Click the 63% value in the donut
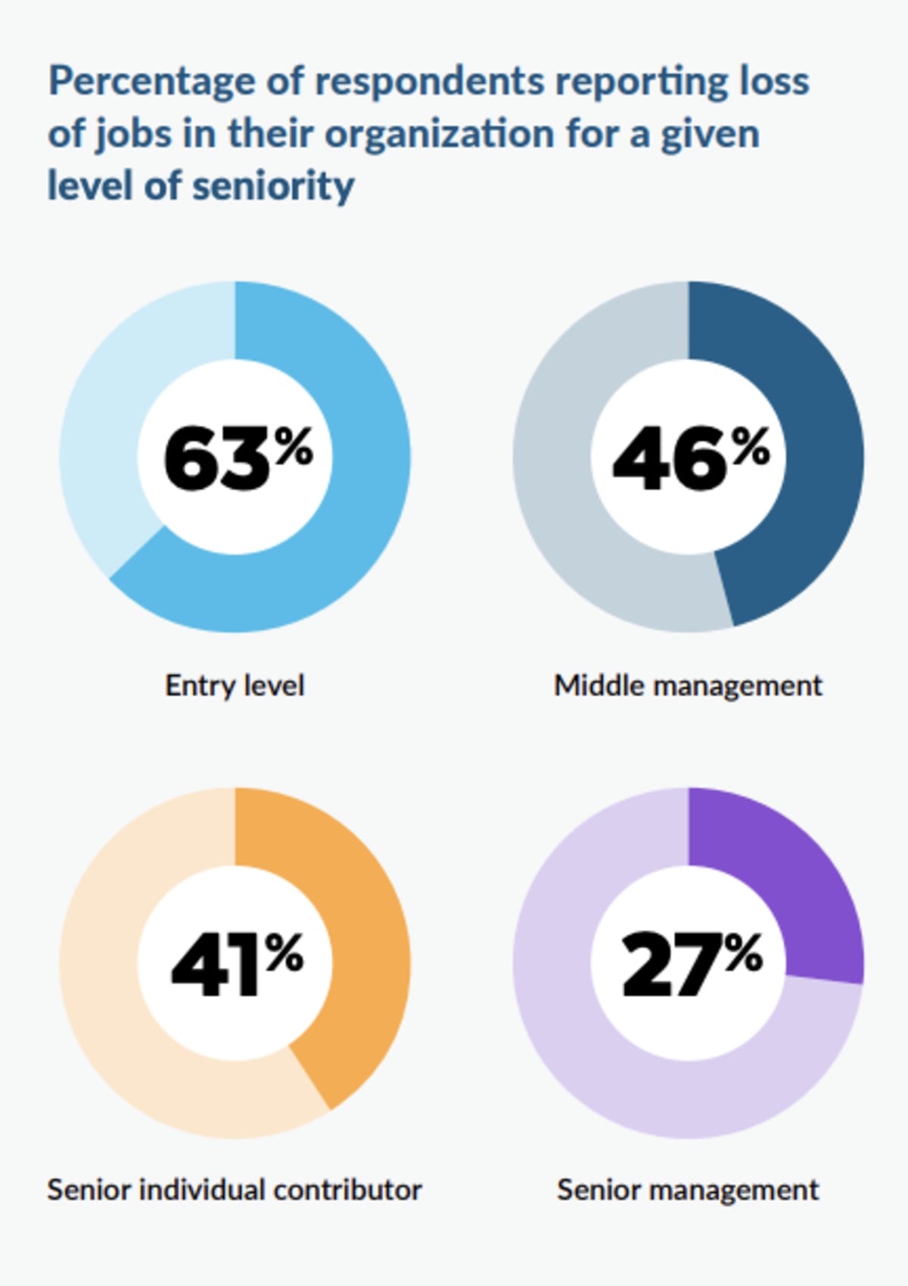click(237, 458)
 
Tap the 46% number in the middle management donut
click(690, 458)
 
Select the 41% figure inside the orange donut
click(237, 963)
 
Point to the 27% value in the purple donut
click(690, 963)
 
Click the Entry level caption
click(235, 685)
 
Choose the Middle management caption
click(688, 685)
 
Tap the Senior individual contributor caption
click(235, 1190)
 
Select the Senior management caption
click(688, 1190)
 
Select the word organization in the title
click(440, 134)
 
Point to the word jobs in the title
click(133, 134)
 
